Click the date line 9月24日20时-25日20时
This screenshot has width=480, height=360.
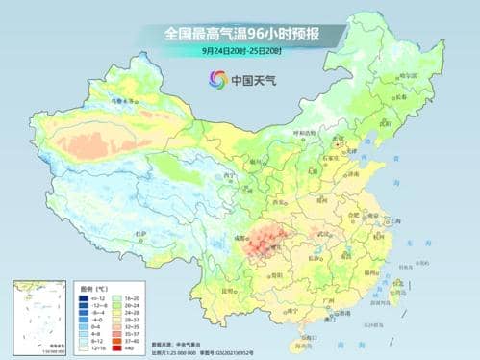tap(240, 51)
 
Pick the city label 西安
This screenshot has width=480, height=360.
tap(278, 203)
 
